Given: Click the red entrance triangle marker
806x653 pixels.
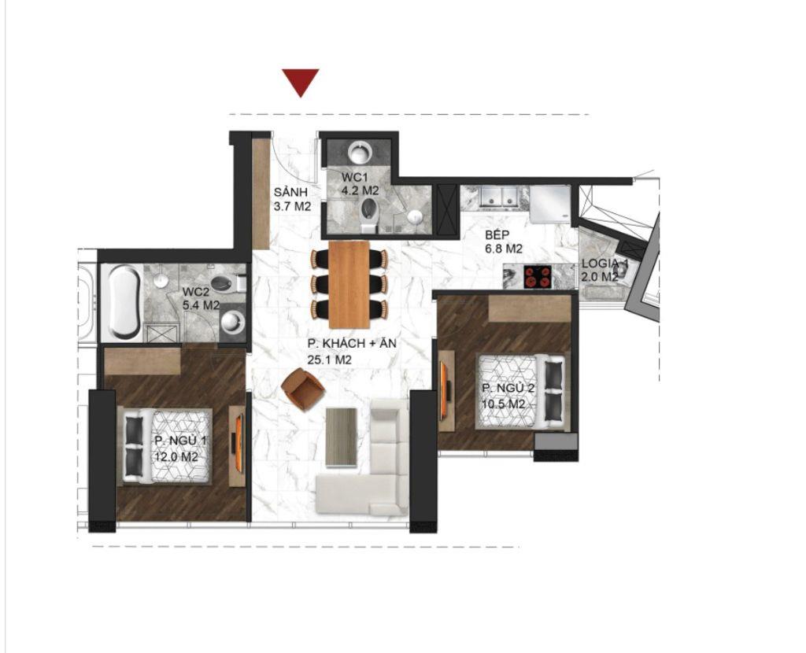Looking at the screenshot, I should coord(300,81).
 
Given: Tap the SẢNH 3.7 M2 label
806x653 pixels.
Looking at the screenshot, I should coord(292,200).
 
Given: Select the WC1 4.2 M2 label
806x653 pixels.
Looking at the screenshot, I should coord(360,183).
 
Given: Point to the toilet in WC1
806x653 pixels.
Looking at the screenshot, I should coord(368,212).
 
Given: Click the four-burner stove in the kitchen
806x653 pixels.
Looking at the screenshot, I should coord(538,277).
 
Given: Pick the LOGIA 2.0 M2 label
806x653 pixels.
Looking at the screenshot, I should coord(605,270).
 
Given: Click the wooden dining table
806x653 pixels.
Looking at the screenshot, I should coord(349,284).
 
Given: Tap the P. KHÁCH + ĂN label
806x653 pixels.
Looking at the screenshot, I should coord(340,352).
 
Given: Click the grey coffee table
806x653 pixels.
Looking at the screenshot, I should coord(342,436).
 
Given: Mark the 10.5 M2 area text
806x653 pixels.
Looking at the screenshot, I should coord(504,404).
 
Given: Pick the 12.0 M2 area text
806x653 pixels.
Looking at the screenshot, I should coord(176,456).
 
